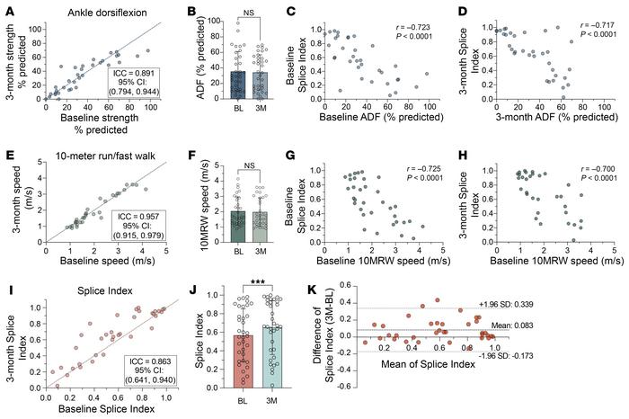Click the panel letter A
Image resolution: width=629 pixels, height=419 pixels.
7,10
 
